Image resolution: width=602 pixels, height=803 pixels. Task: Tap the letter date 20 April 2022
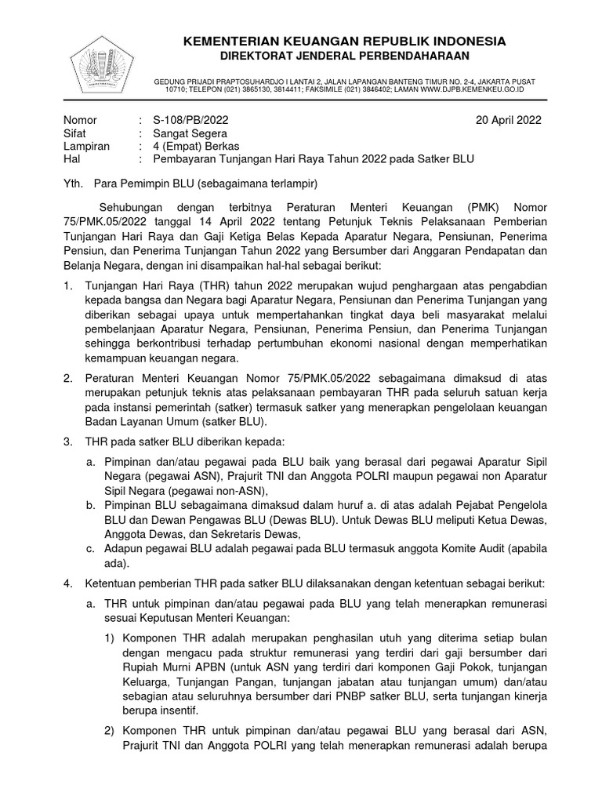508,120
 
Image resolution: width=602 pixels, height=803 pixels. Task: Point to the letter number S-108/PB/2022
190,120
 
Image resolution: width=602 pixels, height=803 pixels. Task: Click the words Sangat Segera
188,133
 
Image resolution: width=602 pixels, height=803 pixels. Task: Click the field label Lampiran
86,146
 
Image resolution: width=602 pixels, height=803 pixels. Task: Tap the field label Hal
71,158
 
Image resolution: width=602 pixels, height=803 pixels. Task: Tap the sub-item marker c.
90,548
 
